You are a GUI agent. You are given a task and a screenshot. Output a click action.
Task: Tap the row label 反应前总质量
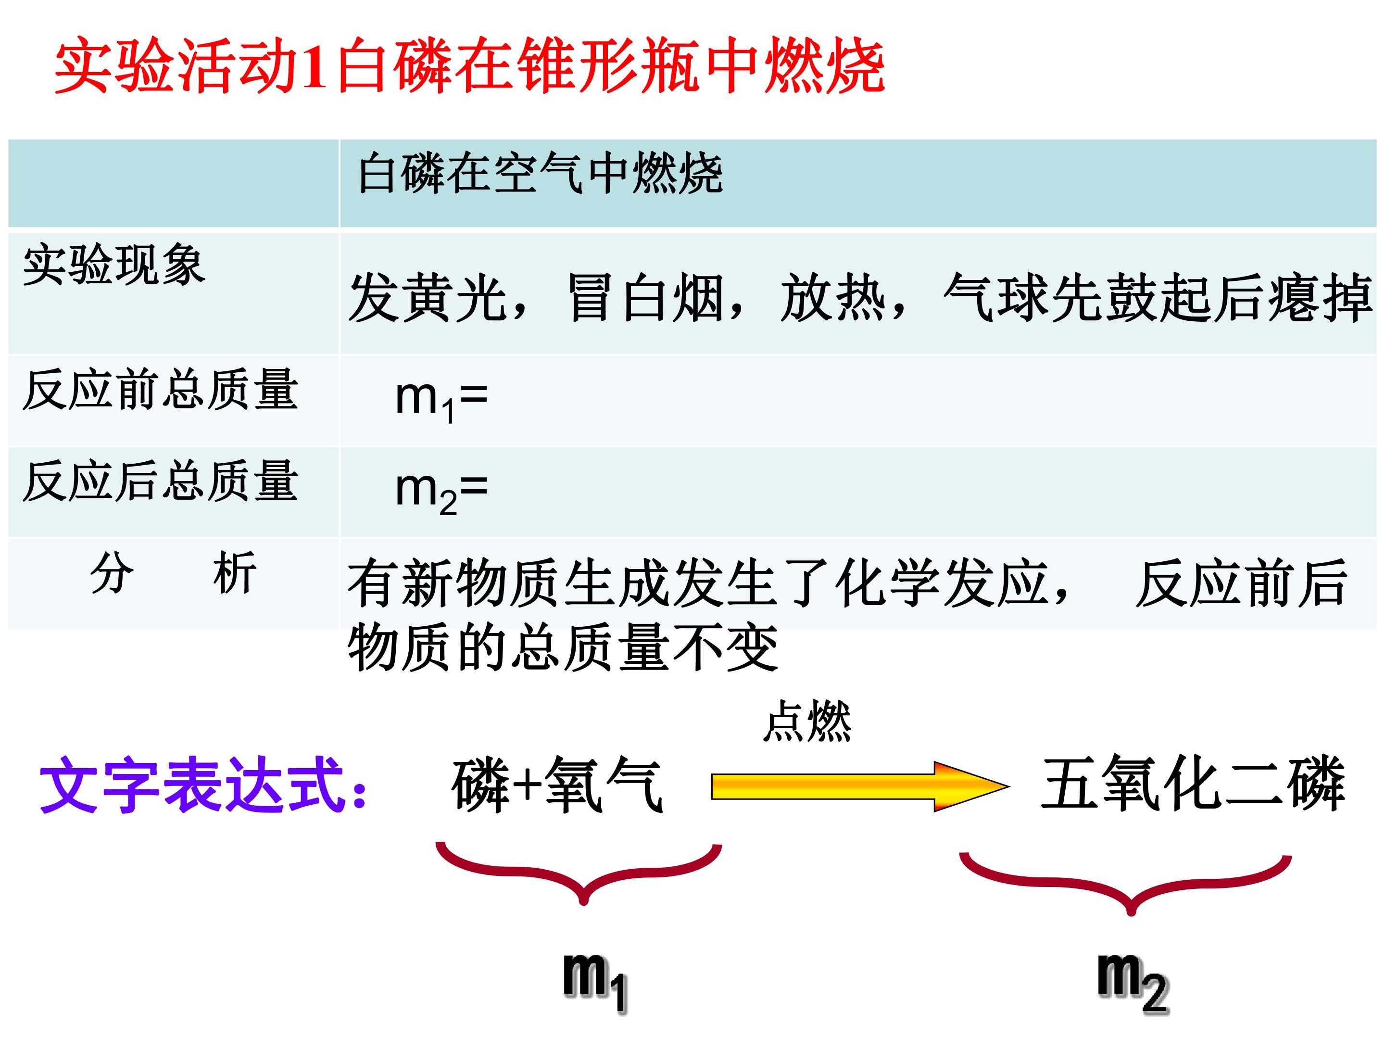tap(160, 390)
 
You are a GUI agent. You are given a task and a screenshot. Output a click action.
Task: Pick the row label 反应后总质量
tap(160, 481)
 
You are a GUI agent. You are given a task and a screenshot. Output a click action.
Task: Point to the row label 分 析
tap(173, 572)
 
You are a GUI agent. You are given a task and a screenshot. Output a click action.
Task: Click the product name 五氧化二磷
tap(1193, 784)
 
